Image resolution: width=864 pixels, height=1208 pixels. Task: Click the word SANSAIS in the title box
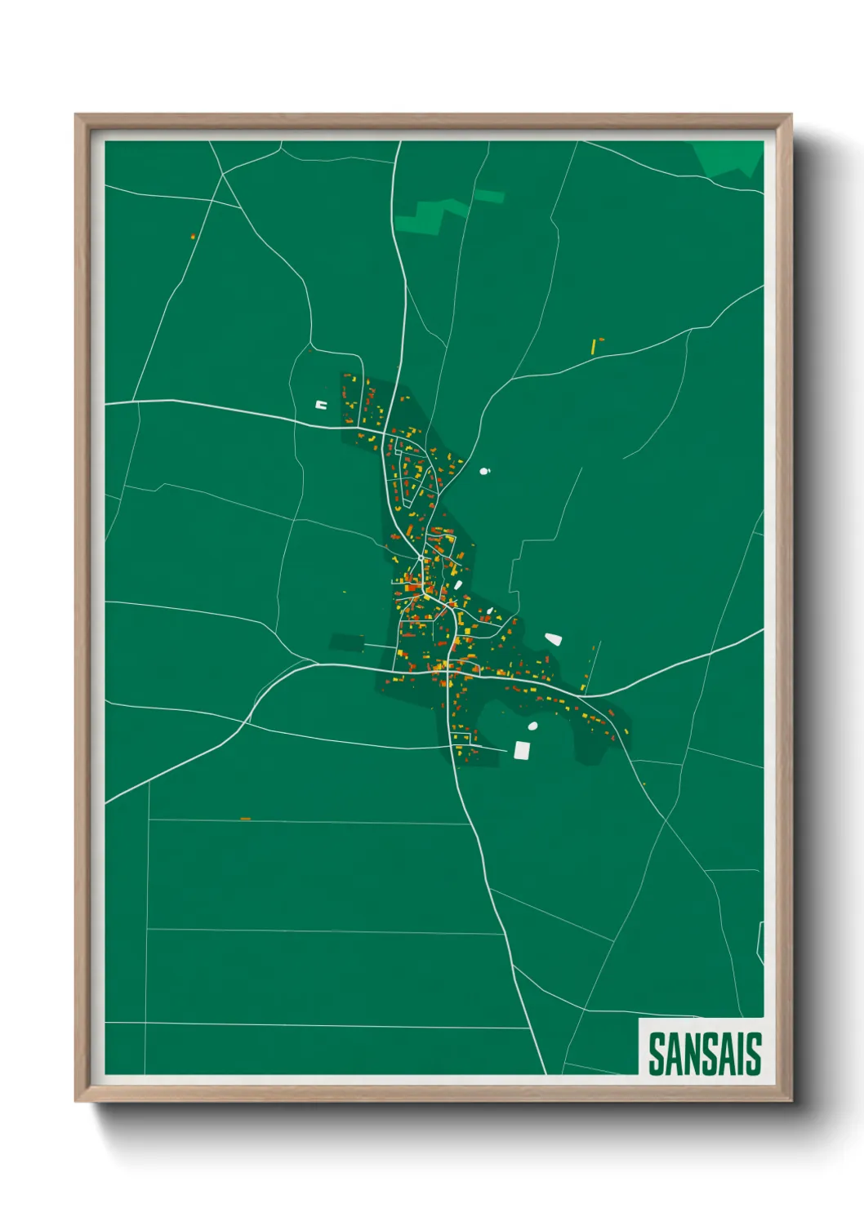click(705, 1054)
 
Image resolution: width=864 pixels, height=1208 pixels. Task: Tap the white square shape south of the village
click(522, 750)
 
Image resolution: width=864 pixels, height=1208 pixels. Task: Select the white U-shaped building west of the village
click(321, 404)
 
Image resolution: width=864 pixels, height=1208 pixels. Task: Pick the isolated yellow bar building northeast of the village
click(594, 346)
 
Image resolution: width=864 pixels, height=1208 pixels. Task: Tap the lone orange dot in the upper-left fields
click(193, 237)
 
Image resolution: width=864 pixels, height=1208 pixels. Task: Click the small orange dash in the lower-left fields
click(245, 818)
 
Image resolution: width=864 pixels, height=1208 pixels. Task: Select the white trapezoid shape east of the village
click(554, 639)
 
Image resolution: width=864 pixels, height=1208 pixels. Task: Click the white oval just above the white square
click(532, 726)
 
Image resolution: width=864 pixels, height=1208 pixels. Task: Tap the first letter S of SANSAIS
click(657, 1054)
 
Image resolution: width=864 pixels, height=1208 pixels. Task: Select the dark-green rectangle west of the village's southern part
click(347, 642)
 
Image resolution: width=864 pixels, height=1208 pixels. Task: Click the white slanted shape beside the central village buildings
click(458, 585)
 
